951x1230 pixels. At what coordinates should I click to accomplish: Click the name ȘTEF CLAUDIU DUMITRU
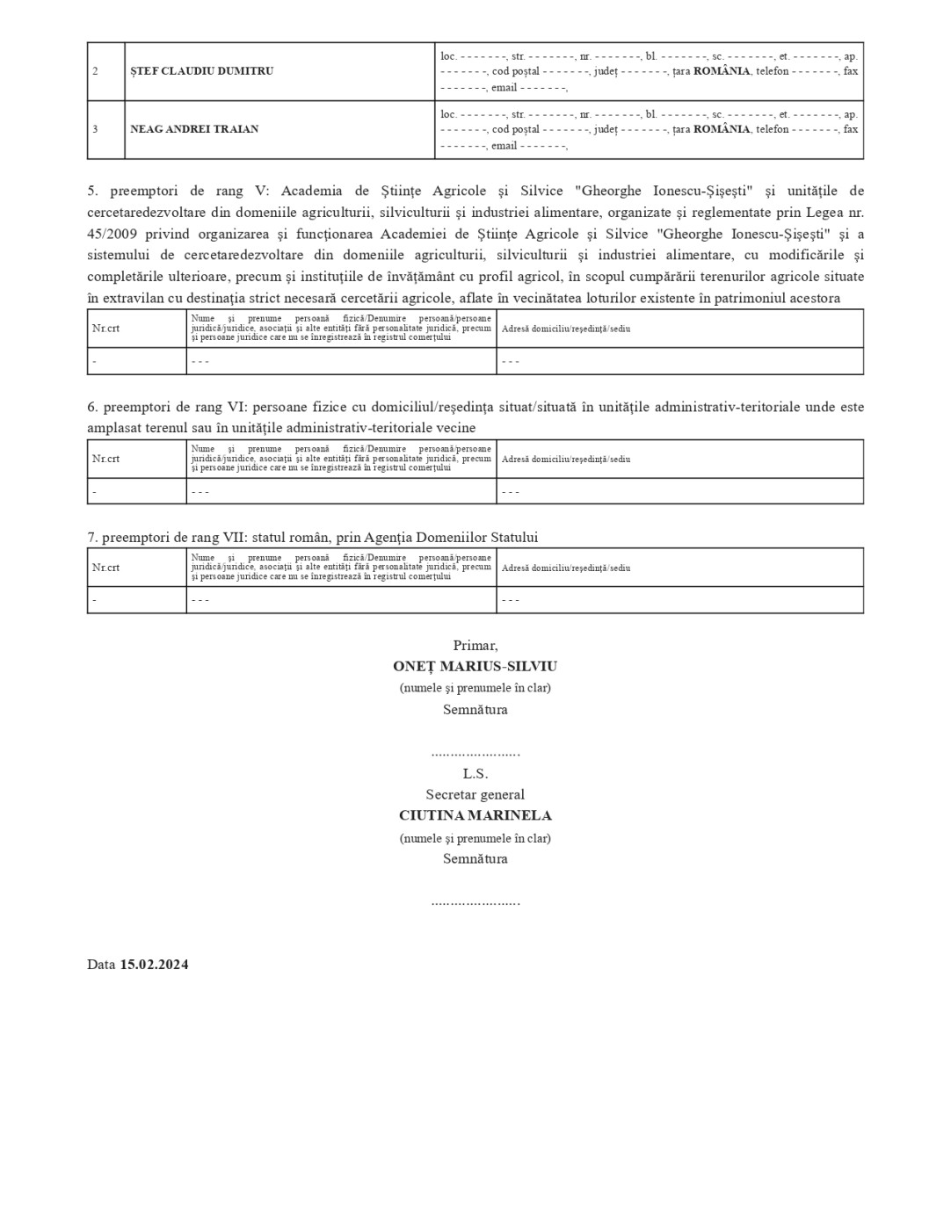[x=201, y=71]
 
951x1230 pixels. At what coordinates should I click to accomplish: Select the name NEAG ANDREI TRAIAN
[x=194, y=129]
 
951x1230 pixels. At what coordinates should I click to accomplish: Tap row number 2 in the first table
[x=95, y=71]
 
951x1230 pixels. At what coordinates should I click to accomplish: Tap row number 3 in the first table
[x=95, y=129]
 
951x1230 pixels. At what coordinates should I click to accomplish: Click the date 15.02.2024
[x=154, y=965]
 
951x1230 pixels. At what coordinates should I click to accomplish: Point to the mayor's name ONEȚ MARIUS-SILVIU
[x=475, y=667]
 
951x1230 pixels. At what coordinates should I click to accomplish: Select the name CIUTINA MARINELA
[x=475, y=815]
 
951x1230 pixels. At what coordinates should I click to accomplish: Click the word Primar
[x=475, y=646]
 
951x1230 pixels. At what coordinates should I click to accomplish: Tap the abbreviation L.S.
[x=475, y=774]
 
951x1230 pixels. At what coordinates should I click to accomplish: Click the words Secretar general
[x=475, y=795]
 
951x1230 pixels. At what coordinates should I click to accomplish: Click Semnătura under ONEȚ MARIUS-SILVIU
[x=475, y=710]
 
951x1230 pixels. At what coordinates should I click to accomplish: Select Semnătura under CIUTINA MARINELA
[x=475, y=859]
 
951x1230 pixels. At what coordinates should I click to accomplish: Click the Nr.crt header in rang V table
[x=105, y=329]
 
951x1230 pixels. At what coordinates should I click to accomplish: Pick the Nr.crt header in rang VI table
[x=105, y=459]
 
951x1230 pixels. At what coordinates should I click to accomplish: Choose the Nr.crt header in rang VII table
[x=105, y=568]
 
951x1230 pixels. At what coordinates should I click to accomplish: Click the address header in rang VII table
[x=565, y=568]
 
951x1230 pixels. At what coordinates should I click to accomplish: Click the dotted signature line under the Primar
[x=475, y=754]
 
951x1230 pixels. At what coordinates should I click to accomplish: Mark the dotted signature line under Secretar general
[x=475, y=902]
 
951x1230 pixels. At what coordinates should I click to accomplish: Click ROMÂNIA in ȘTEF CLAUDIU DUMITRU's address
[x=721, y=71]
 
